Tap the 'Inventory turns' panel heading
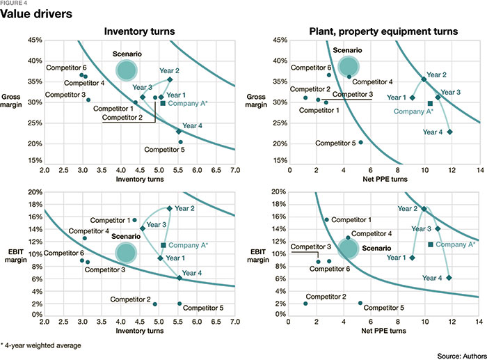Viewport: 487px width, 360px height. [x=138, y=31]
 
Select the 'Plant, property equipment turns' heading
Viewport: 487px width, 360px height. [x=384, y=31]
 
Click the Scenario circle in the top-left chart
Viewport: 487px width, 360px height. [x=126, y=69]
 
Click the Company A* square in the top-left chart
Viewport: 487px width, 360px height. [x=163, y=103]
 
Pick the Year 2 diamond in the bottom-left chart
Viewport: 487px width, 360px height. [x=170, y=208]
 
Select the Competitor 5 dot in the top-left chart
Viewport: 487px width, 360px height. [x=180, y=142]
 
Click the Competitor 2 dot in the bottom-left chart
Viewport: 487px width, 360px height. [x=154, y=304]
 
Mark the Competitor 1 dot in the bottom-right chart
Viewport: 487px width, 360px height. [x=326, y=220]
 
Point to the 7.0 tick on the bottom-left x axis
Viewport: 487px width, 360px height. [x=234, y=322]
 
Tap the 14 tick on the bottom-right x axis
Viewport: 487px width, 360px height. [x=479, y=322]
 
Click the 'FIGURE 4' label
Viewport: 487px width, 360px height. [x=15, y=3]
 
